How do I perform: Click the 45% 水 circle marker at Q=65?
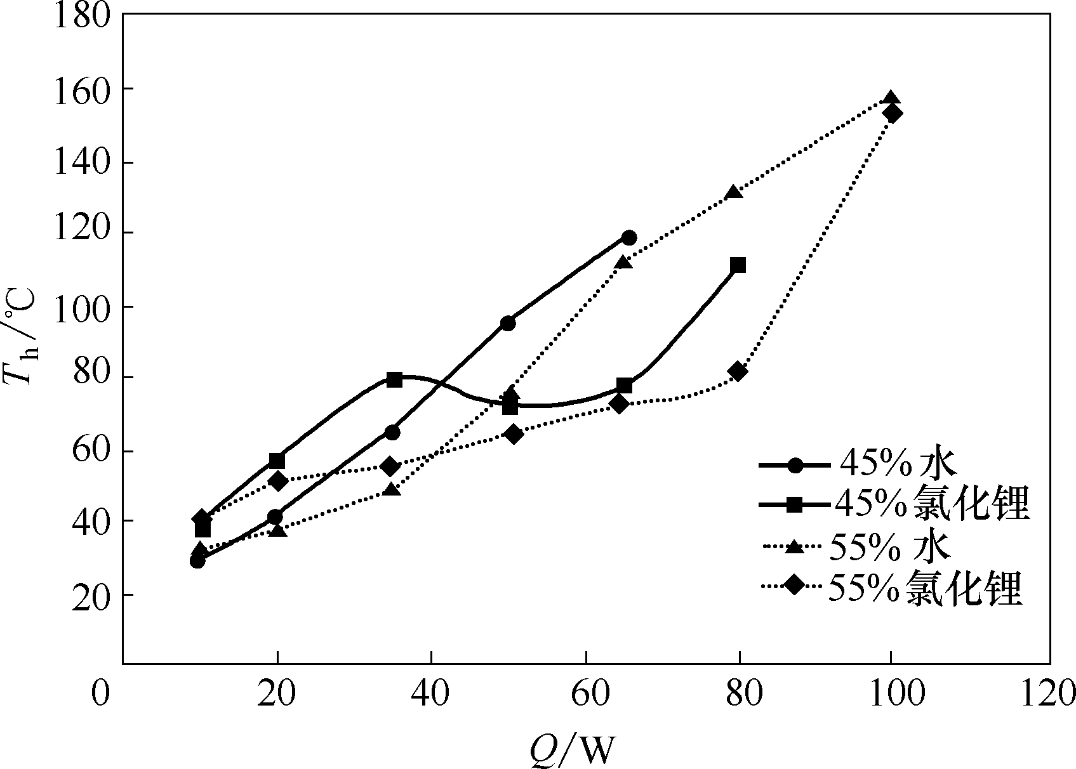point(629,238)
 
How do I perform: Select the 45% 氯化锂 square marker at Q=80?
point(738,265)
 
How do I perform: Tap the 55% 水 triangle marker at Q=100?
point(891,98)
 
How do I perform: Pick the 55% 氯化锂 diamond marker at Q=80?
point(738,371)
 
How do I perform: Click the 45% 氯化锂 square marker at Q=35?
point(394,379)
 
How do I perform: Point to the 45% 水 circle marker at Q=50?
point(508,323)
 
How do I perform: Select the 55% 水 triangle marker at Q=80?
point(734,192)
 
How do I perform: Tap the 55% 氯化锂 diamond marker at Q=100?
point(893,114)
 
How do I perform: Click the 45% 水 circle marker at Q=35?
point(392,432)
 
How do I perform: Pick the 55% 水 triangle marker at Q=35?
point(392,489)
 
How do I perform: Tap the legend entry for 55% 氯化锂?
point(892,589)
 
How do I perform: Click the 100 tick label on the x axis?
point(891,695)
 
